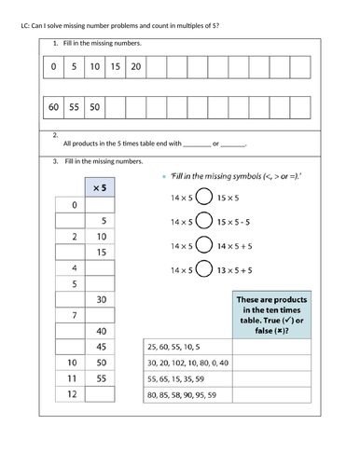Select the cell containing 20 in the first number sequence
click(136, 66)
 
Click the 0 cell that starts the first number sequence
click(54, 66)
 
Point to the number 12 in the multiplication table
click(72, 395)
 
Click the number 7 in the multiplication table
click(72, 316)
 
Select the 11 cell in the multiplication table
click(72, 379)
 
